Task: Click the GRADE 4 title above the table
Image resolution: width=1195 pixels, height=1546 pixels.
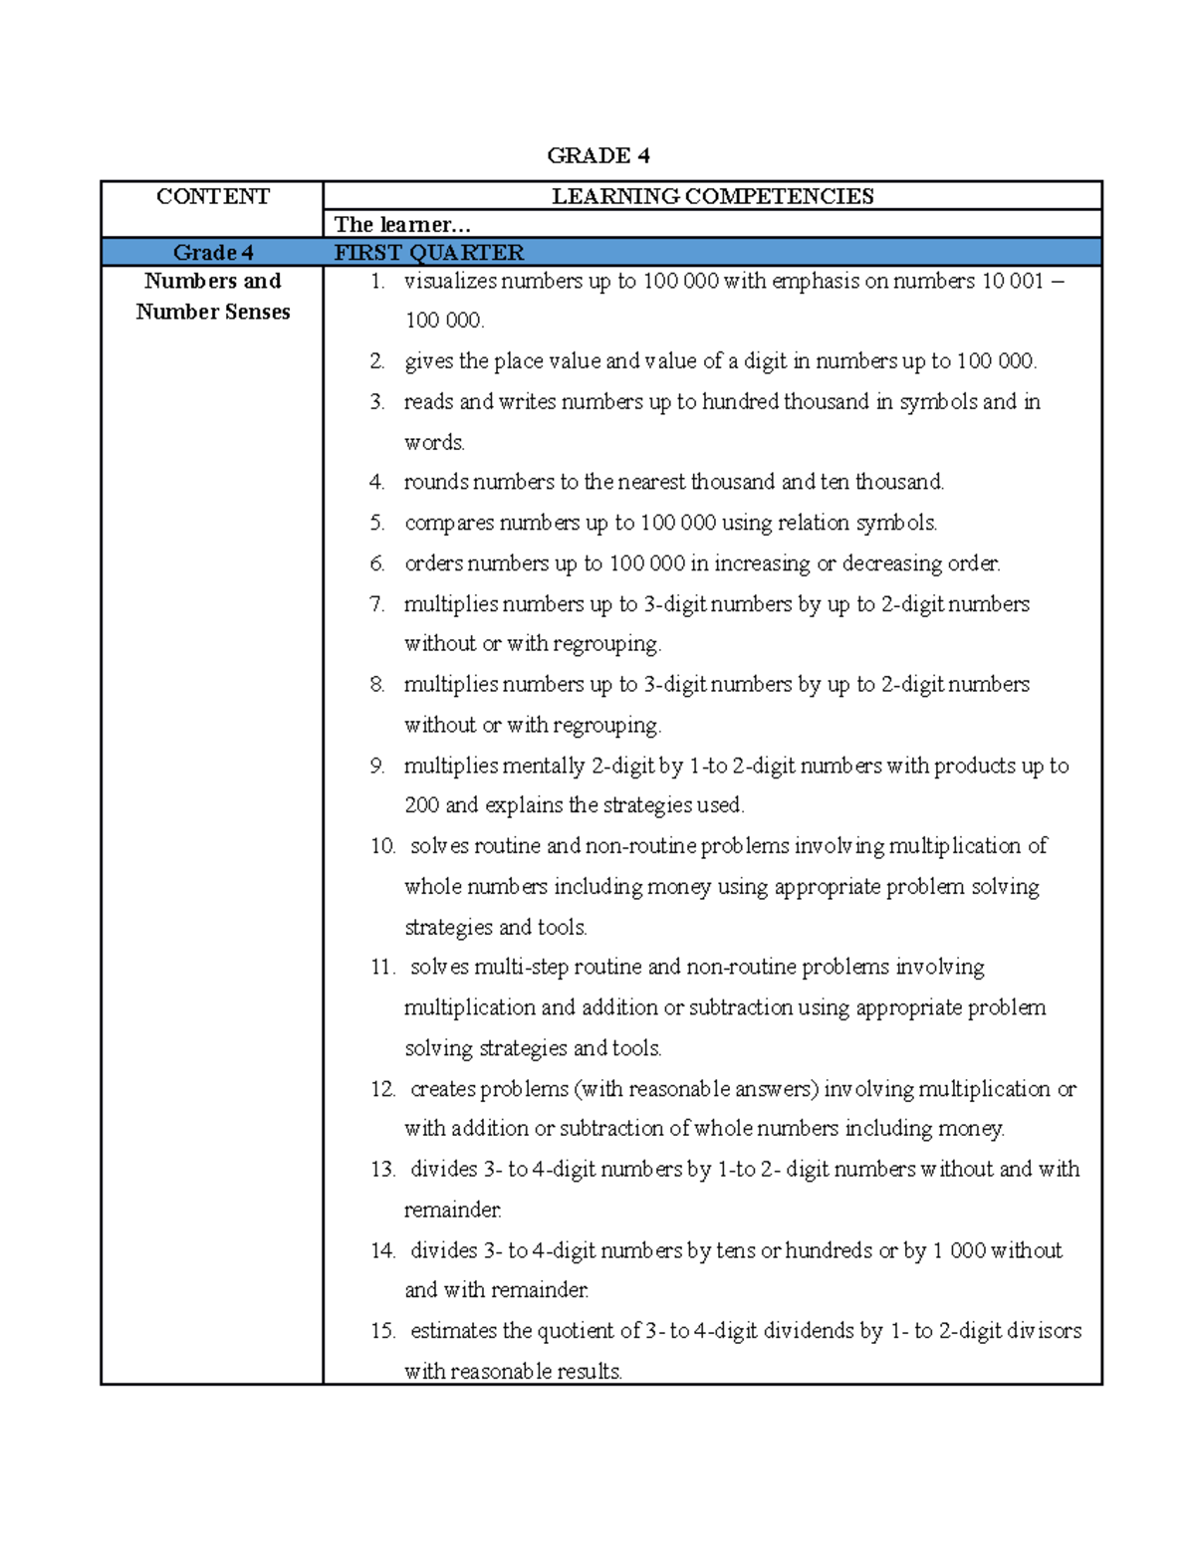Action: (597, 155)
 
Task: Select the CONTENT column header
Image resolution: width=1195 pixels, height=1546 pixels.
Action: (212, 196)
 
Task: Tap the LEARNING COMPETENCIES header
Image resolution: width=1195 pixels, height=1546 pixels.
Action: (712, 196)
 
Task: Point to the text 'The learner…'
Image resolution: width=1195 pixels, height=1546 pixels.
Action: (401, 225)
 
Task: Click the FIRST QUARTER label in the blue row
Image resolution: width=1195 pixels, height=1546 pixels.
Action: (428, 253)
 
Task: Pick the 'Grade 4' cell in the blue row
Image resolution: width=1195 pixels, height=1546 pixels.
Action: (212, 253)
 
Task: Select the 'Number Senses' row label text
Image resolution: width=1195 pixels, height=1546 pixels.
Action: (212, 312)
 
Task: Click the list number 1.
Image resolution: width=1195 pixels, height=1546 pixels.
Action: (376, 282)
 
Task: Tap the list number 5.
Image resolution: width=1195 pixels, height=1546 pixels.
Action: (376, 523)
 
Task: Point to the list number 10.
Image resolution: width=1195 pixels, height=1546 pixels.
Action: (382, 846)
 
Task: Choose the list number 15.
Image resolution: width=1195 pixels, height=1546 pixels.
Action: (382, 1331)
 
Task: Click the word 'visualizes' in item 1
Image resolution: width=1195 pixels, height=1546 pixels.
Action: (450, 282)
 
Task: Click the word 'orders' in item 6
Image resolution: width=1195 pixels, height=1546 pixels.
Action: (433, 563)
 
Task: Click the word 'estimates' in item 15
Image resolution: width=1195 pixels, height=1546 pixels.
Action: (453, 1331)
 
